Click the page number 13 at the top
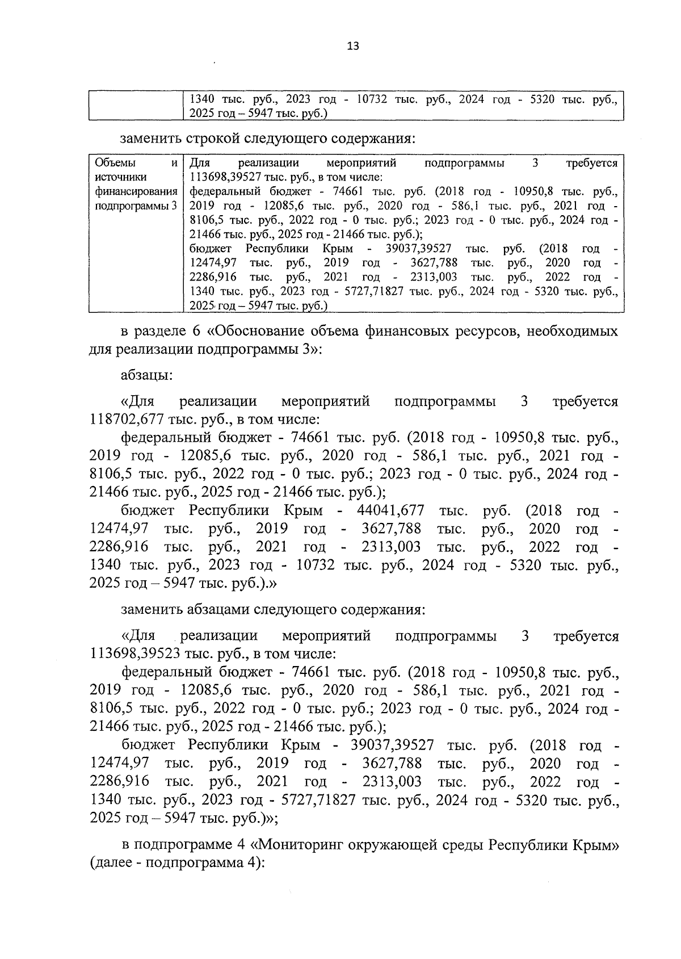(x=352, y=47)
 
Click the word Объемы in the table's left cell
(x=112, y=164)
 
